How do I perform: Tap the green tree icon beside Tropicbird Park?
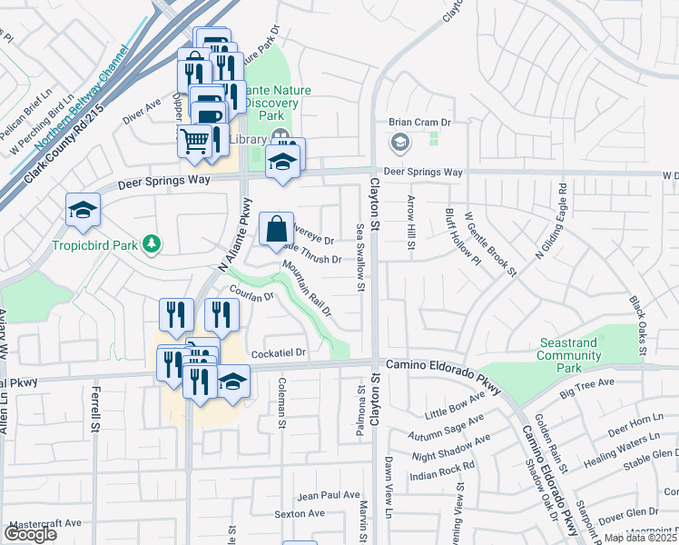pyautogui.click(x=153, y=243)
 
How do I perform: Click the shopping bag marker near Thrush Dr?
pyautogui.click(x=276, y=230)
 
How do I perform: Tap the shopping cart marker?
pyautogui.click(x=193, y=141)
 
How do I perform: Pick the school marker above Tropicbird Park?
pyautogui.click(x=83, y=211)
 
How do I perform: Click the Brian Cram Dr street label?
pyautogui.click(x=419, y=122)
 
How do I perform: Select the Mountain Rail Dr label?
pyautogui.click(x=307, y=288)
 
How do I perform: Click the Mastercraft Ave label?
pyautogui.click(x=43, y=523)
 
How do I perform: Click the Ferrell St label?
pyautogui.click(x=93, y=410)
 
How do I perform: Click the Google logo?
pyautogui.click(x=29, y=534)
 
